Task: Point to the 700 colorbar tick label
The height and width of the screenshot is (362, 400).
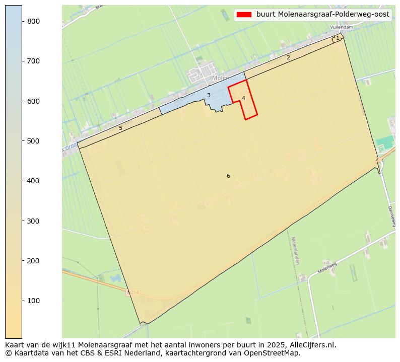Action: [x=33, y=61]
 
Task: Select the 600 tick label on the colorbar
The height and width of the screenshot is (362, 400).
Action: [x=33, y=101]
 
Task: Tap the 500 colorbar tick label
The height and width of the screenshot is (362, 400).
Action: [x=33, y=141]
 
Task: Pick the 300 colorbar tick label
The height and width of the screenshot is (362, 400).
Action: [x=33, y=221]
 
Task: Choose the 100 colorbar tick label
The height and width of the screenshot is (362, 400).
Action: [x=33, y=301]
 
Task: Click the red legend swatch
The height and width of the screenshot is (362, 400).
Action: [x=244, y=15]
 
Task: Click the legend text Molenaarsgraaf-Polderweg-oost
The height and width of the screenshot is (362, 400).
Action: [x=322, y=15]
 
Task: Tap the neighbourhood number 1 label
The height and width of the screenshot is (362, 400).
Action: [x=338, y=38]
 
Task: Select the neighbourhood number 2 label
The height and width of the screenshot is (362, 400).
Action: [x=288, y=57]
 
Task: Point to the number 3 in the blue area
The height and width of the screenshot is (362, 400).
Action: [x=209, y=95]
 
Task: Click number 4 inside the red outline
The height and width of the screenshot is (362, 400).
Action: [x=243, y=98]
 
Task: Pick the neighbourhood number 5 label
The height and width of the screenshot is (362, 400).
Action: [x=120, y=128]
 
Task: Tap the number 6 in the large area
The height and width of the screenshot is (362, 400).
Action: [x=228, y=176]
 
